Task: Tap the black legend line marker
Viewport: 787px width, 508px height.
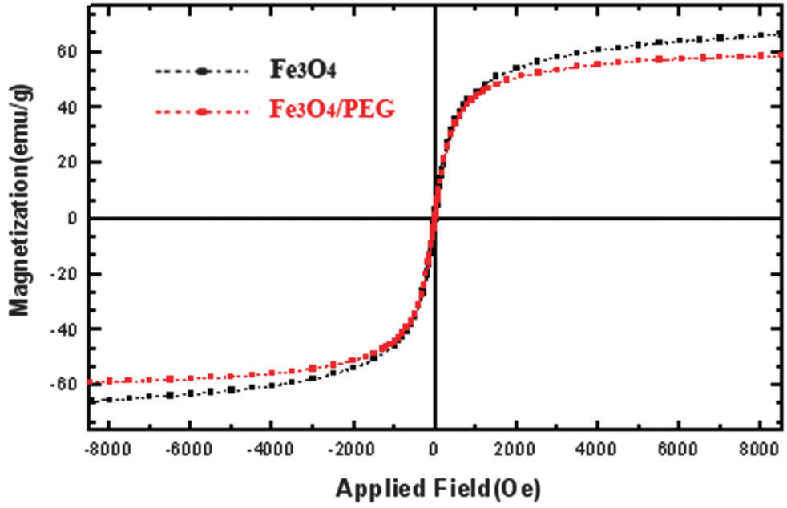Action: (x=200, y=71)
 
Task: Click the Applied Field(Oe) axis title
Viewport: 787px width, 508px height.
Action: (x=437, y=486)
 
